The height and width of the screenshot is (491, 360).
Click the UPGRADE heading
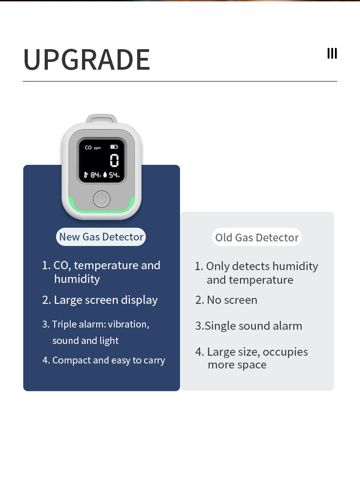point(87,60)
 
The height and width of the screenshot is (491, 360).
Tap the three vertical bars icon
point(332,53)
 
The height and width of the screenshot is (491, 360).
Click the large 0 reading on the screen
point(114,160)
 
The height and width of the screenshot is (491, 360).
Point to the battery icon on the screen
point(114,147)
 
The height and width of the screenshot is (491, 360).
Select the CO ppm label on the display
point(93,148)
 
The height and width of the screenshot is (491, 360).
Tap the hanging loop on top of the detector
point(102,118)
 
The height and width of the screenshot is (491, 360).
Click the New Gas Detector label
point(101,237)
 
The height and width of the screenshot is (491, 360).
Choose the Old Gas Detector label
point(257,237)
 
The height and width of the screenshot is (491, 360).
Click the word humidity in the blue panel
point(77,279)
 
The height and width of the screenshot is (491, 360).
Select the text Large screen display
point(106,300)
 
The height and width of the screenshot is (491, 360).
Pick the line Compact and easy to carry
point(108,360)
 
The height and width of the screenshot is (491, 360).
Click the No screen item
point(232,300)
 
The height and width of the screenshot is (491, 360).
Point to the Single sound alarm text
point(253,326)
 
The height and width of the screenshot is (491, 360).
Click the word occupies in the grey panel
point(285,352)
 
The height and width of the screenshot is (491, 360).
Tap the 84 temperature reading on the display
point(95,175)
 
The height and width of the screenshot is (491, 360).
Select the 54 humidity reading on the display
point(113,175)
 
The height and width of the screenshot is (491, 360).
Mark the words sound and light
point(86,341)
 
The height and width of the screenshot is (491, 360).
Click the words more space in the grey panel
point(237,365)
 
